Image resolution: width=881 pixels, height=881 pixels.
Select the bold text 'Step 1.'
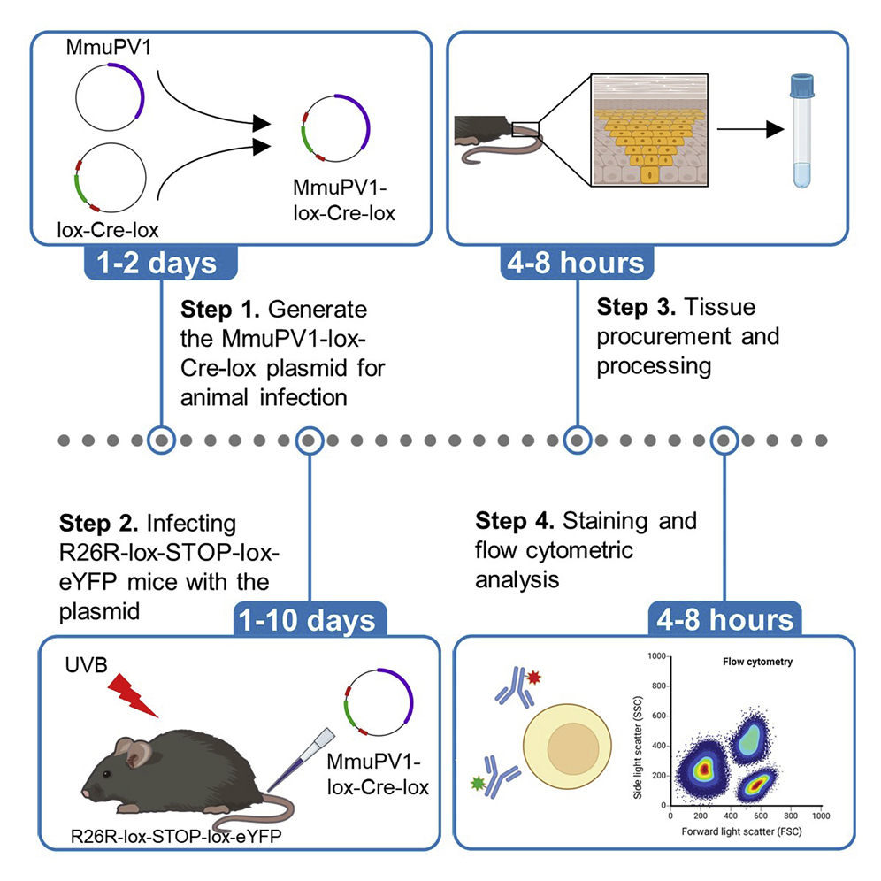(x=219, y=310)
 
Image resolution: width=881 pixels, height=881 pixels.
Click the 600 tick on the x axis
(x=760, y=816)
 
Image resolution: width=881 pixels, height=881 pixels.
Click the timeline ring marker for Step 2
(x=309, y=439)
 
